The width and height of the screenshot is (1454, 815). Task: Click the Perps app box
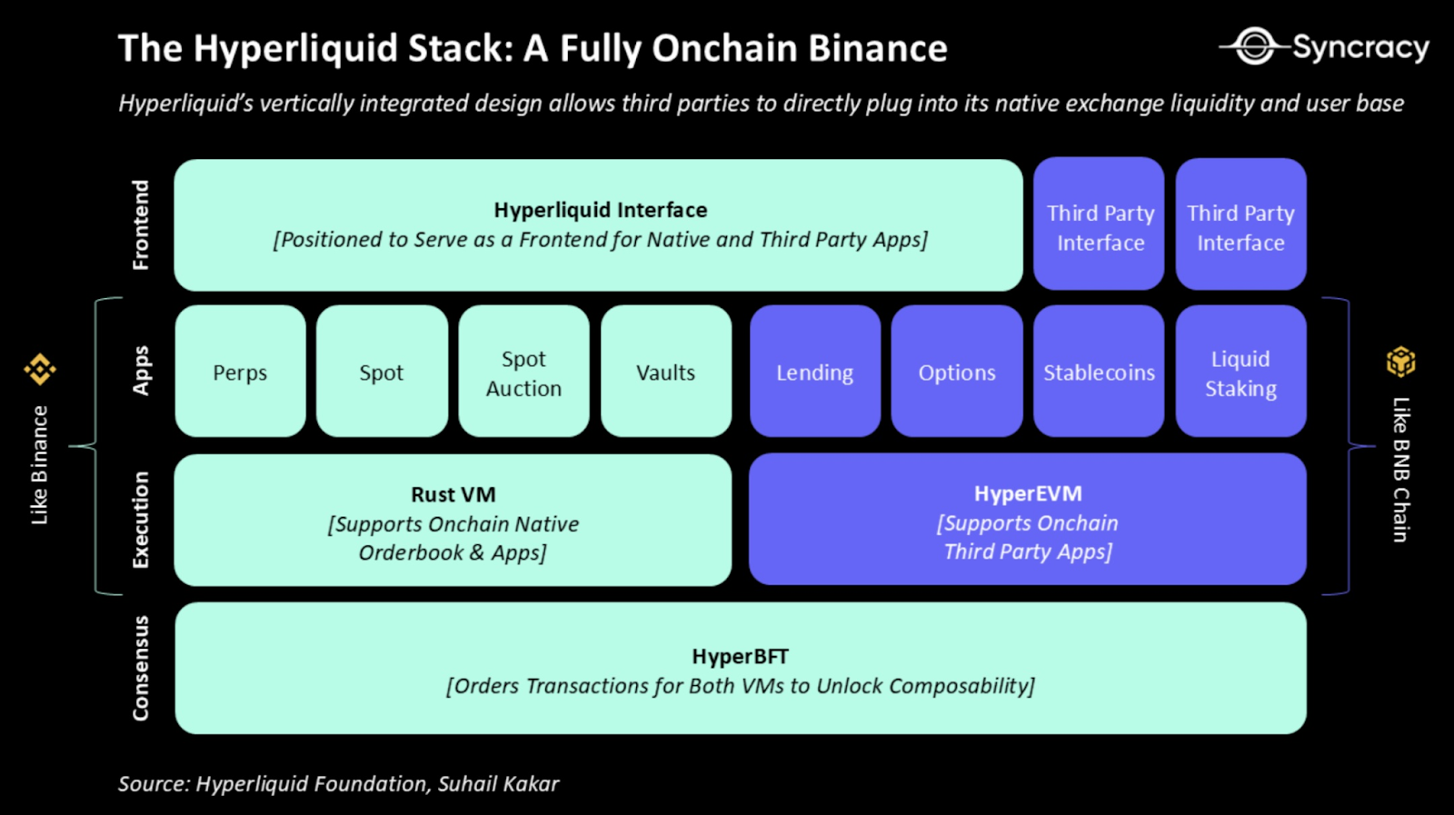tap(240, 372)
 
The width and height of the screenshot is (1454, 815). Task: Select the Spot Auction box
tap(523, 373)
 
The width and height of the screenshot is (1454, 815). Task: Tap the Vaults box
tap(665, 372)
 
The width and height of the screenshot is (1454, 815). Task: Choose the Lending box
tap(814, 372)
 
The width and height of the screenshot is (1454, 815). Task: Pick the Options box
tap(956, 372)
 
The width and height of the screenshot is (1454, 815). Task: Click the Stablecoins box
tap(1099, 372)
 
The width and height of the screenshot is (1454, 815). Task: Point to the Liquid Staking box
tap(1240, 373)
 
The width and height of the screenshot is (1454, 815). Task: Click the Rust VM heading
tap(453, 494)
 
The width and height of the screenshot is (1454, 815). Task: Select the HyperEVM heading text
tap(1028, 493)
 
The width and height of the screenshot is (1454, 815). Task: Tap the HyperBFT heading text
tap(740, 656)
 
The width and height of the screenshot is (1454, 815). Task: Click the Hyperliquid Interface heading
tap(600, 210)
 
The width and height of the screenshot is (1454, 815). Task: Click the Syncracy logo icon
tap(1255, 45)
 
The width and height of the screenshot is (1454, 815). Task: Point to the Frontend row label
tap(140, 224)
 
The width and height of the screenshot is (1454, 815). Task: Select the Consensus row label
tap(140, 668)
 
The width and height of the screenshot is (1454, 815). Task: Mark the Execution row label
tap(140, 520)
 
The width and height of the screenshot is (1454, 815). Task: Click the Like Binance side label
tap(39, 464)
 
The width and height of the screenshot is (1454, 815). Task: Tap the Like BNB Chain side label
tap(1400, 470)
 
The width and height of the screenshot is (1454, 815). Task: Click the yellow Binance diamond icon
tap(40, 369)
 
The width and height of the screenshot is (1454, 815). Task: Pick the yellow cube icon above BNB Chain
tap(1400, 362)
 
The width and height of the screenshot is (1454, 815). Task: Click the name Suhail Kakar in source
tap(498, 783)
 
